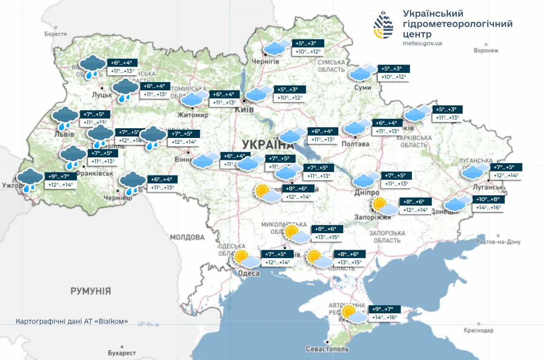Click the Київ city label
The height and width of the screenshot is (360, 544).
[x=244, y=110]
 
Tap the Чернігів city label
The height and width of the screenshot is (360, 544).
[x=265, y=62]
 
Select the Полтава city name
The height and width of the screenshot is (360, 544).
[x=355, y=144]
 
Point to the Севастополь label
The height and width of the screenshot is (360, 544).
[x=328, y=349]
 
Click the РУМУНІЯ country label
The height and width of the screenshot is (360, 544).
[x=90, y=291]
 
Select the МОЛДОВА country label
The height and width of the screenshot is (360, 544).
[x=187, y=237]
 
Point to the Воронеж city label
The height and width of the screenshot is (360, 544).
[x=487, y=50]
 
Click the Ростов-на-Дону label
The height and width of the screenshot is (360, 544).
[x=498, y=241]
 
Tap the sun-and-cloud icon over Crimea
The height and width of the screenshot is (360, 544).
[x=353, y=314]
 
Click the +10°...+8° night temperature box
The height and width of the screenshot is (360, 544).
[x=487, y=199]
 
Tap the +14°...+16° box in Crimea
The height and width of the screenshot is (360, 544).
[x=385, y=318]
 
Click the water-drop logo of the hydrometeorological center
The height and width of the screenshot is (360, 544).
[x=384, y=26]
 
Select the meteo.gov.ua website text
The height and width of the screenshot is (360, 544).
[x=422, y=43]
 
